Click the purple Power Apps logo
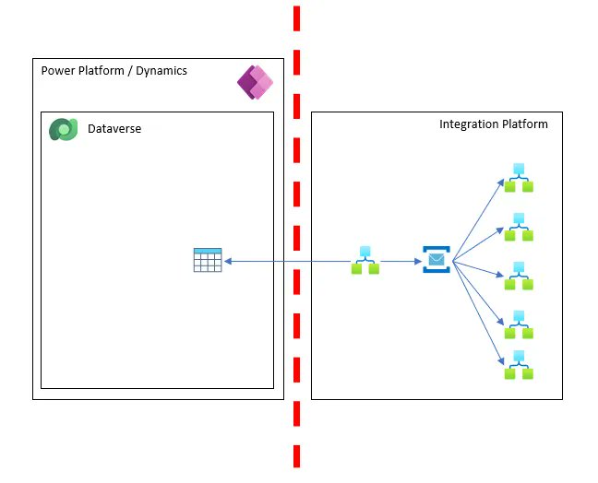pyautogui.click(x=256, y=83)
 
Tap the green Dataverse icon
pyautogui.click(x=63, y=130)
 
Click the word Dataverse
pyautogui.click(x=114, y=130)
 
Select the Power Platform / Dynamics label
pyautogui.click(x=114, y=71)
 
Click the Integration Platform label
pyautogui.click(x=493, y=124)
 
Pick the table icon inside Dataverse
pyautogui.click(x=208, y=261)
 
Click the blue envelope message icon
pyautogui.click(x=436, y=260)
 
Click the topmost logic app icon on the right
pyautogui.click(x=519, y=178)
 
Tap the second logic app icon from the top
pyautogui.click(x=519, y=227)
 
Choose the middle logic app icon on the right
pyautogui.click(x=519, y=274)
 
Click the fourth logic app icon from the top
pyautogui.click(x=519, y=323)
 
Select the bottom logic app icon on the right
pyautogui.click(x=519, y=366)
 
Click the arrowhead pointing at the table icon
pyautogui.click(x=228, y=262)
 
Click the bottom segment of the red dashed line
pyautogui.click(x=296, y=456)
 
